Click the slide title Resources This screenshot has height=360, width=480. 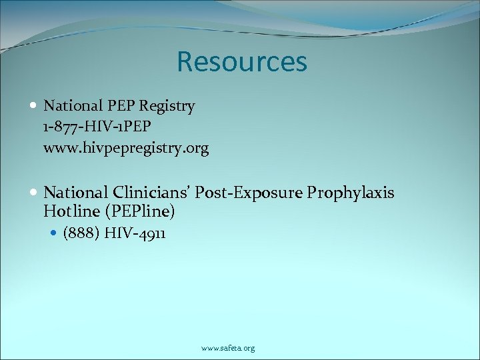[241, 62]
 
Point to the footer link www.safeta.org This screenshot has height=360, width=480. [228, 348]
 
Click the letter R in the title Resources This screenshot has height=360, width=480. [185, 62]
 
